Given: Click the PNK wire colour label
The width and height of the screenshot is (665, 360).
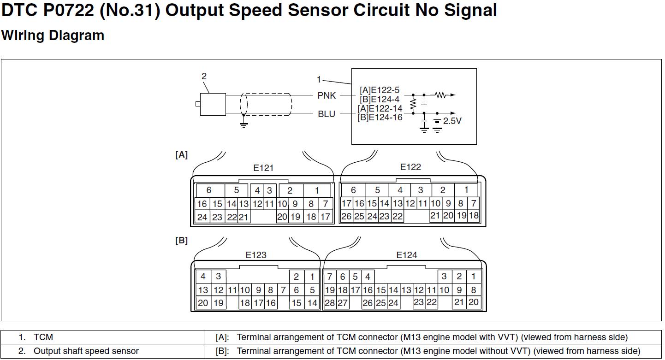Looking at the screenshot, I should [x=327, y=95].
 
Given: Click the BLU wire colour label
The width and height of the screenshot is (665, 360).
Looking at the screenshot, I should [x=327, y=114].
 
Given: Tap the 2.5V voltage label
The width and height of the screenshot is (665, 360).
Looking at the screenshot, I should [x=452, y=121].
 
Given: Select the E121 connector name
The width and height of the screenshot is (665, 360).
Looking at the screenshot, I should [x=263, y=168].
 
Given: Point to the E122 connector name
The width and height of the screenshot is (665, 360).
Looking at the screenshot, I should [x=410, y=167].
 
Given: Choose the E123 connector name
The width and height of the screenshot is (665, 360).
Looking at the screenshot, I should [x=256, y=255].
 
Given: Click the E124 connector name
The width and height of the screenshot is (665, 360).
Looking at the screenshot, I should [x=407, y=255].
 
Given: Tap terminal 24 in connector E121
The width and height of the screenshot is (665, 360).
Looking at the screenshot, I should [x=202, y=217].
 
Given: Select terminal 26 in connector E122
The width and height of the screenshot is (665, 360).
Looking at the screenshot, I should [x=346, y=216].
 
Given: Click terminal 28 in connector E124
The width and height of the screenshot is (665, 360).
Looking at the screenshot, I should [x=329, y=303].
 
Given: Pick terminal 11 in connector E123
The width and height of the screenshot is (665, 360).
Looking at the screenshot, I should [x=232, y=290].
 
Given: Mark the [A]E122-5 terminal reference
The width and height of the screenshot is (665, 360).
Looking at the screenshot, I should [x=379, y=90].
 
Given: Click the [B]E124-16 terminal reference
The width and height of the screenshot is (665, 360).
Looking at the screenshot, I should [x=380, y=117].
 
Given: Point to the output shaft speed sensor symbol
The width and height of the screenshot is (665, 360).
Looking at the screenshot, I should [x=212, y=104].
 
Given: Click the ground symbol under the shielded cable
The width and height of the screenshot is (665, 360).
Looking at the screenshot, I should [x=244, y=124].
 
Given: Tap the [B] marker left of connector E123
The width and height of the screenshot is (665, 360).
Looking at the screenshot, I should [x=182, y=241].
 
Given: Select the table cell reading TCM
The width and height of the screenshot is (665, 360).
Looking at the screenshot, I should [x=43, y=337].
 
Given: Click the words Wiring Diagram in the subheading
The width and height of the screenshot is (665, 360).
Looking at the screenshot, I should [x=53, y=35].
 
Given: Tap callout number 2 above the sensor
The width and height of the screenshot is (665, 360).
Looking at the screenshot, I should [x=204, y=77].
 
